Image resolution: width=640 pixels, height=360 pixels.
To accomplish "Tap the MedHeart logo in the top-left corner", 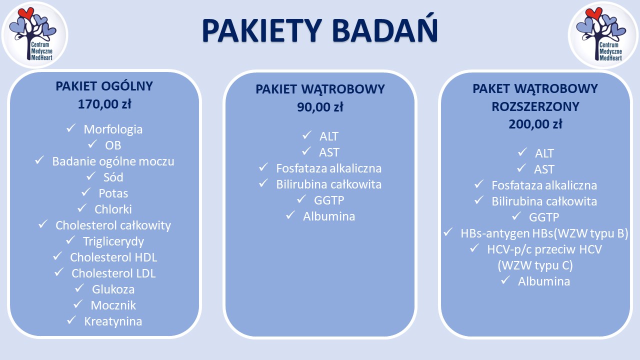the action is click(34, 35).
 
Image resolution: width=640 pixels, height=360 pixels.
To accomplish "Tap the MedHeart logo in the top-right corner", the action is click(603, 35).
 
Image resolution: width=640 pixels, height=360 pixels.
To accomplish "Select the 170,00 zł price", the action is click(104, 104).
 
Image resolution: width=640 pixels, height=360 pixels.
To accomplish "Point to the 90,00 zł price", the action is click(320, 107).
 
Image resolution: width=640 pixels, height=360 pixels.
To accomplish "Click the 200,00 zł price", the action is click(535, 124).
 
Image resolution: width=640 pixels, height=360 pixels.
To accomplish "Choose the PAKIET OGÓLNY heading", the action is click(104, 86).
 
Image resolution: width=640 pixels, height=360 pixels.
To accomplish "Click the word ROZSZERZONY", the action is click(535, 106).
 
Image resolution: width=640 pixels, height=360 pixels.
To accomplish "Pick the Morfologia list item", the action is click(113, 129).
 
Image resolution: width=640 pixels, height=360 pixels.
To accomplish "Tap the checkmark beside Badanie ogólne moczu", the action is click(39, 160).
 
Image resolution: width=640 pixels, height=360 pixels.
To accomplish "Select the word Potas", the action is click(113, 193).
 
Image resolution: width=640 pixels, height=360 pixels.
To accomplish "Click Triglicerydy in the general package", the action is click(113, 241).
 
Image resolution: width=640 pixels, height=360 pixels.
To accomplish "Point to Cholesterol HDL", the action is click(113, 257).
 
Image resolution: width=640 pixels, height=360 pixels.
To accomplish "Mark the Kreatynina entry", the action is click(113, 321).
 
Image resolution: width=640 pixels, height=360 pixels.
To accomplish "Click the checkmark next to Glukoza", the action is click(79, 288).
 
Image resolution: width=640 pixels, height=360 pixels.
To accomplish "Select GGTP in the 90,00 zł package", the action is click(329, 200).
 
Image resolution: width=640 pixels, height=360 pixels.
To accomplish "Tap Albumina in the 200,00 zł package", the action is click(544, 281).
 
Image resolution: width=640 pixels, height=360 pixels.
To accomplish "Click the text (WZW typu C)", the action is click(535, 265).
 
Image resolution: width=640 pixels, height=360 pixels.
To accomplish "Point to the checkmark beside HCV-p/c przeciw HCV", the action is click(474, 248).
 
